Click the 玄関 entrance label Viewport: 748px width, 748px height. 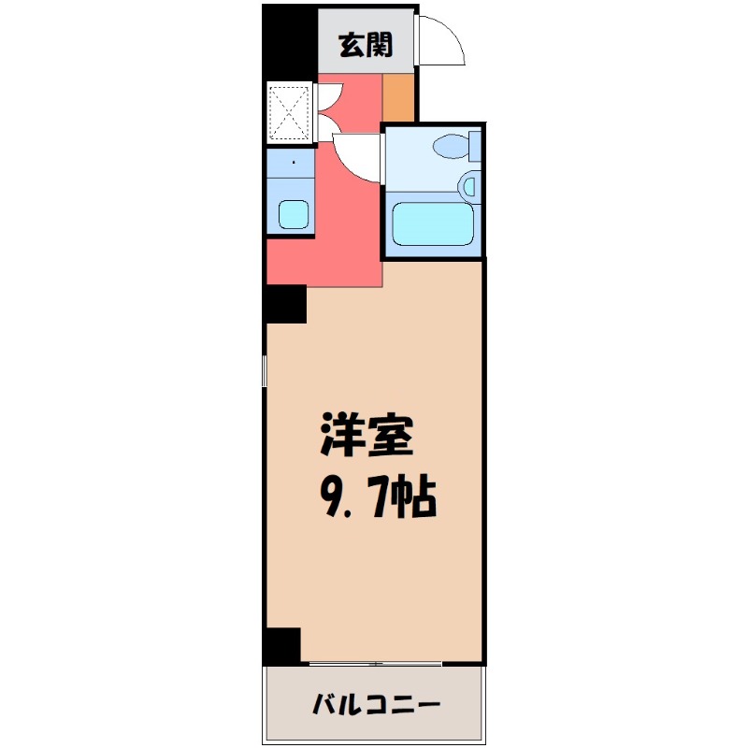365,45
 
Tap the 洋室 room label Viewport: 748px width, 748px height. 365,436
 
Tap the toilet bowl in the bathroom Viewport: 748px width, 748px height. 453,146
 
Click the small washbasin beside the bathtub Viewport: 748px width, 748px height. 470,185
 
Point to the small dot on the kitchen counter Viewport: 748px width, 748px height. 294,163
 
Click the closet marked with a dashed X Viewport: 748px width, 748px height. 289,112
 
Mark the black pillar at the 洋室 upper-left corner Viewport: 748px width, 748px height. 285,304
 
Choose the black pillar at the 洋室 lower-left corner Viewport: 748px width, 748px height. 281,645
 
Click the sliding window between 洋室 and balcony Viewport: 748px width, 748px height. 374,664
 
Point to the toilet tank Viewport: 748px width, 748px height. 475,146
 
